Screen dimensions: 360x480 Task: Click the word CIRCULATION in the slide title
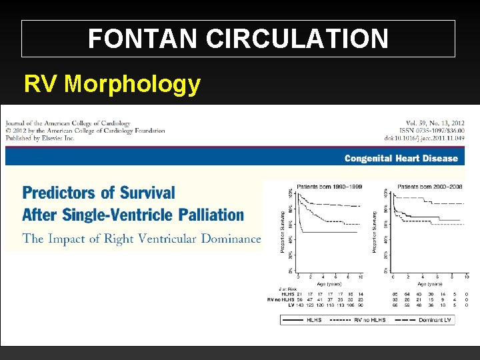(x=297, y=39)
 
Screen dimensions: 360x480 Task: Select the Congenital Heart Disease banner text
(x=401, y=158)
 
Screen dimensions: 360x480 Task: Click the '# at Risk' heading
(x=287, y=287)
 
